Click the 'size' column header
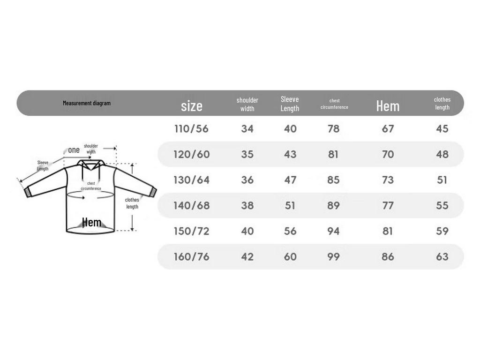[192, 106]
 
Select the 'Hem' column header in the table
[388, 106]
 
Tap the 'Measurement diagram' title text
[87, 103]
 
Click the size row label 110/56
[192, 128]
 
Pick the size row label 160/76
[192, 256]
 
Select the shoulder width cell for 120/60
[247, 154]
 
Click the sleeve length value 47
[290, 180]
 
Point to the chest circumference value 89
[333, 205]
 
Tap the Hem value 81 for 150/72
[388, 231]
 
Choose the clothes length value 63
[442, 256]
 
